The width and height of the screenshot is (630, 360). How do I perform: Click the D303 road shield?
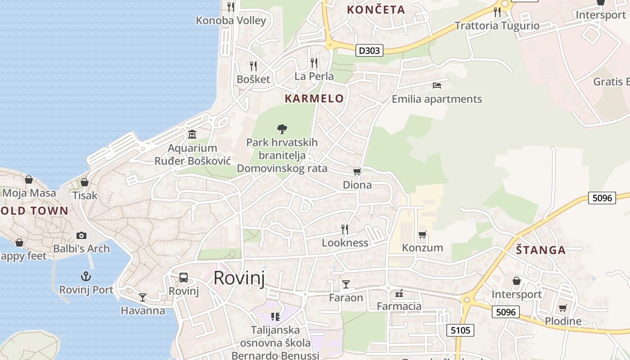click(x=369, y=50)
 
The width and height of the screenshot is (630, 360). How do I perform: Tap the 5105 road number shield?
click(x=461, y=330)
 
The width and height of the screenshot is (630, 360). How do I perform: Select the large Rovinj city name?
click(x=239, y=278)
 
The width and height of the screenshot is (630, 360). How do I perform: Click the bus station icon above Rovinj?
click(x=184, y=277)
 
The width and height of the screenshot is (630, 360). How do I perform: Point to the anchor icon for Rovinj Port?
click(x=85, y=276)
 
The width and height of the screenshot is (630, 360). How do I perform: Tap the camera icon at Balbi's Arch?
click(x=81, y=235)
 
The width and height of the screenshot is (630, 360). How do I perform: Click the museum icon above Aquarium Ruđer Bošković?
click(x=192, y=134)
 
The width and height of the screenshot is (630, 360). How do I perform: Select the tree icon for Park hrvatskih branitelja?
click(x=282, y=129)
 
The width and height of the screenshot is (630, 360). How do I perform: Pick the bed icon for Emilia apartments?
click(x=436, y=85)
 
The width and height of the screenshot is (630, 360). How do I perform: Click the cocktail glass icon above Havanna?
click(x=143, y=297)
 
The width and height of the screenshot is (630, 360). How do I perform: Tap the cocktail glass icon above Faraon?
click(x=346, y=284)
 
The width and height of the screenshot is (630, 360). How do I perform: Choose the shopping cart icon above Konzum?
click(x=422, y=234)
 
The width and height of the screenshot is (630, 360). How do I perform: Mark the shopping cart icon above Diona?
click(x=357, y=172)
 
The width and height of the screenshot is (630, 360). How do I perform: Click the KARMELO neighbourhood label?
click(x=314, y=99)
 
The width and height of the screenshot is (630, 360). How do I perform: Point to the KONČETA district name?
click(x=376, y=9)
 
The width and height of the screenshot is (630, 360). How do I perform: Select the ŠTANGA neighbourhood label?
click(x=540, y=250)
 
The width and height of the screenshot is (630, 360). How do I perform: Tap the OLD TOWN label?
click(x=34, y=211)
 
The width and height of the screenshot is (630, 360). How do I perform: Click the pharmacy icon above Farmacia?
click(x=399, y=294)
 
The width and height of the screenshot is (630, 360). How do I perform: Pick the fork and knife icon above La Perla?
click(x=314, y=63)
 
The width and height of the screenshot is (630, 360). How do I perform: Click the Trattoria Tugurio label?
click(x=497, y=26)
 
